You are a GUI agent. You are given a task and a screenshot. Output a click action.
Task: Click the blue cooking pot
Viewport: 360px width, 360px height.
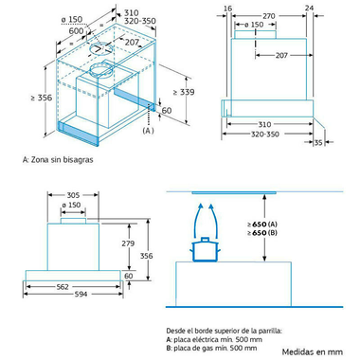click(x=206, y=250)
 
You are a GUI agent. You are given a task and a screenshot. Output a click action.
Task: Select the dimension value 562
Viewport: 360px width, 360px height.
click(x=63, y=287)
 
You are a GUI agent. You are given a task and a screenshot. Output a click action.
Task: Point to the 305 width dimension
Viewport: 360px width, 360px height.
click(x=73, y=195)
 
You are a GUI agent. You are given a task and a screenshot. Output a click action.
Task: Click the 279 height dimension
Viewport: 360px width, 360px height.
click(x=128, y=243)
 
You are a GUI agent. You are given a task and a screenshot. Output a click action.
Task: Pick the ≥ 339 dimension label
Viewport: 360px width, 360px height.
click(x=184, y=92)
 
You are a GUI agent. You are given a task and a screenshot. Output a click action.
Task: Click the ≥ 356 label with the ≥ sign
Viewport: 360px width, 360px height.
click(x=42, y=98)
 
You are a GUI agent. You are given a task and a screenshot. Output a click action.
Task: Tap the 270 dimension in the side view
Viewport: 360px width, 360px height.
click(x=269, y=16)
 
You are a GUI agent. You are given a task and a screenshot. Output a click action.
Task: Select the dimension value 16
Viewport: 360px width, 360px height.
click(x=227, y=9)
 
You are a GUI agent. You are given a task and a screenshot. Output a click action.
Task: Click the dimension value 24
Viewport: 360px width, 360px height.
click(x=310, y=8)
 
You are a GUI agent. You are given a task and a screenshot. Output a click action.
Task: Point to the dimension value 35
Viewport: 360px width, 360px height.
click(x=318, y=143)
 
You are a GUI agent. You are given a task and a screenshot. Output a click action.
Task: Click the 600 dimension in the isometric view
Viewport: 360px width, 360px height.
click(x=76, y=30)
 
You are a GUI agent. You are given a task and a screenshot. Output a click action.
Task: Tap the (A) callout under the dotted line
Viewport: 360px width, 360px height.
click(x=148, y=131)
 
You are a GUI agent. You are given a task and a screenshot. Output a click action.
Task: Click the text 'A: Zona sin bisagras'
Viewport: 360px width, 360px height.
click(x=58, y=159)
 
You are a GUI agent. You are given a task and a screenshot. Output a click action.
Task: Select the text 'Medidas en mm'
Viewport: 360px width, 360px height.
click(x=313, y=351)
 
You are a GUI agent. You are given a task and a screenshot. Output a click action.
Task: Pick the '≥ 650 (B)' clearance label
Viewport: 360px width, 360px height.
click(x=262, y=233)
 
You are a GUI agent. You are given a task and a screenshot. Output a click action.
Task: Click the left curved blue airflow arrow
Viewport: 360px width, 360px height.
click(x=197, y=220)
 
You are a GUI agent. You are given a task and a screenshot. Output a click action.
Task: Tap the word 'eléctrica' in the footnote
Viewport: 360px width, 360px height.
click(x=205, y=339)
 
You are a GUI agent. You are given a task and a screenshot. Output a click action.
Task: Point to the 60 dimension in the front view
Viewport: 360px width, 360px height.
click(x=128, y=276)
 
